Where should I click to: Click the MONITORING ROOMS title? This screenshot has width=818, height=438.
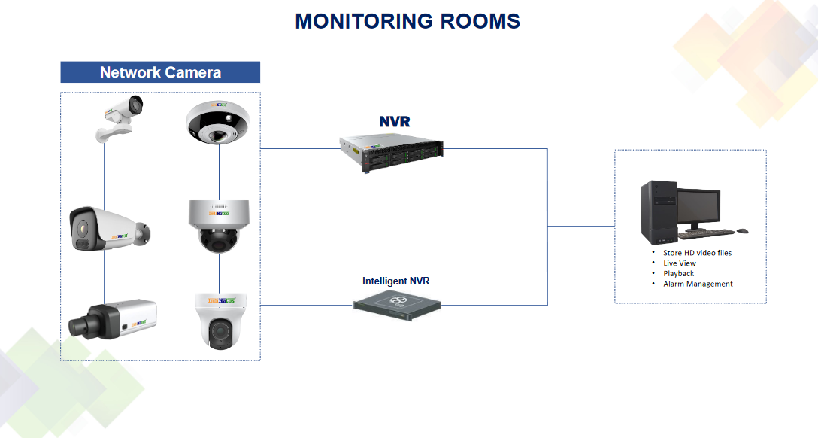click(x=407, y=21)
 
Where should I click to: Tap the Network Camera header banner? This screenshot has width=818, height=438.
click(x=160, y=72)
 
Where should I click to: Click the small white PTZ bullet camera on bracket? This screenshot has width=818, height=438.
click(x=119, y=117)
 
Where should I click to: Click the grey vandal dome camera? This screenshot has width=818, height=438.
click(x=219, y=226)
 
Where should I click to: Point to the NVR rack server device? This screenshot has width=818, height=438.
click(x=391, y=150)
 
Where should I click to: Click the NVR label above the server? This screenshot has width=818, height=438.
click(x=395, y=121)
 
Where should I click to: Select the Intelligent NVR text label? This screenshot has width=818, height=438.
click(x=395, y=281)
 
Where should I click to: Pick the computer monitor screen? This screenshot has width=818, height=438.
click(x=698, y=205)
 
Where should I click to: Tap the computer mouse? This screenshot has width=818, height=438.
click(x=742, y=231)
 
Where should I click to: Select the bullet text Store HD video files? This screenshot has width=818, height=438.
click(x=697, y=253)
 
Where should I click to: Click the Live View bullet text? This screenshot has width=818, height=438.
click(x=680, y=263)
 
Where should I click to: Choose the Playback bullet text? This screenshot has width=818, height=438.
click(x=678, y=274)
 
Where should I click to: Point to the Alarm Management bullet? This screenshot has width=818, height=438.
click(x=698, y=284)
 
